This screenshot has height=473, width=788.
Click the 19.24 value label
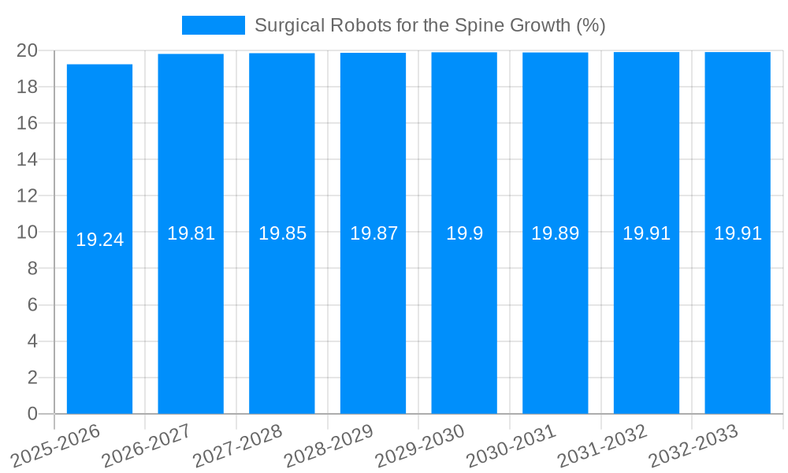coord(99,240)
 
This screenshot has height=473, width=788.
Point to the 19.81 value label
coord(191,233)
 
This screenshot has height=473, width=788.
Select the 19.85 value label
coord(282,233)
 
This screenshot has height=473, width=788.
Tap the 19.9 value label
coord(464,233)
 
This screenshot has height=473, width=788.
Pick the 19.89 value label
coord(555,233)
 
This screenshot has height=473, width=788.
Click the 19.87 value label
coord(374,233)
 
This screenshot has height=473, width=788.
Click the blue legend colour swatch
coord(213,25)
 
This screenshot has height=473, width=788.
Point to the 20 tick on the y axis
coord(28,50)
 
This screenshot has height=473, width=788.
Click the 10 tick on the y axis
coord(28,233)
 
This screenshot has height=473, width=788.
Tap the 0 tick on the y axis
coord(32,414)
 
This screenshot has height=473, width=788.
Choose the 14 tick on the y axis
coord(28,159)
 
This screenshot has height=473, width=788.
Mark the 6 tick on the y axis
coord(32,305)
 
